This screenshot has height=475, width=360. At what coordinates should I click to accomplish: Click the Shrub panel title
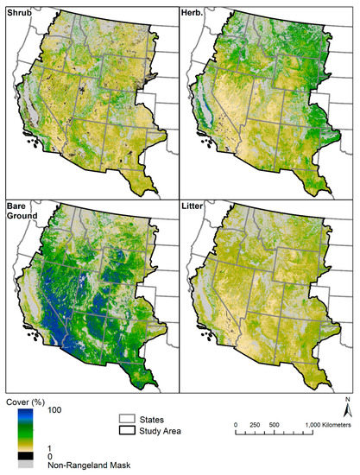tap(18, 9)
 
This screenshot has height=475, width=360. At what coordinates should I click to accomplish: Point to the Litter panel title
tap(197, 208)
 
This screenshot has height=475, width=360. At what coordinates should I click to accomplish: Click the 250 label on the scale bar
tap(256, 425)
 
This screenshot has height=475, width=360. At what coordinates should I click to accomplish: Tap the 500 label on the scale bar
tap(277, 425)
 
